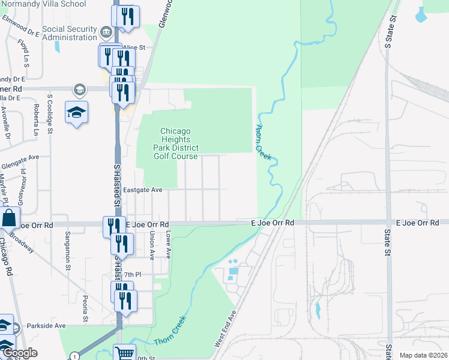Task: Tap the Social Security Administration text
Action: coord(70,33)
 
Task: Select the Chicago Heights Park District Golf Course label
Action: coord(175,144)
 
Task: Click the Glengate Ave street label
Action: coord(20,157)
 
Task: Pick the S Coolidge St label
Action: coord(50,113)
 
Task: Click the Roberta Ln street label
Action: coord(37,119)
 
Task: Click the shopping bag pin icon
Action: coord(10,218)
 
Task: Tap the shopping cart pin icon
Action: coord(124,353)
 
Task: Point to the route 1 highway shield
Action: coord(74,356)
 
